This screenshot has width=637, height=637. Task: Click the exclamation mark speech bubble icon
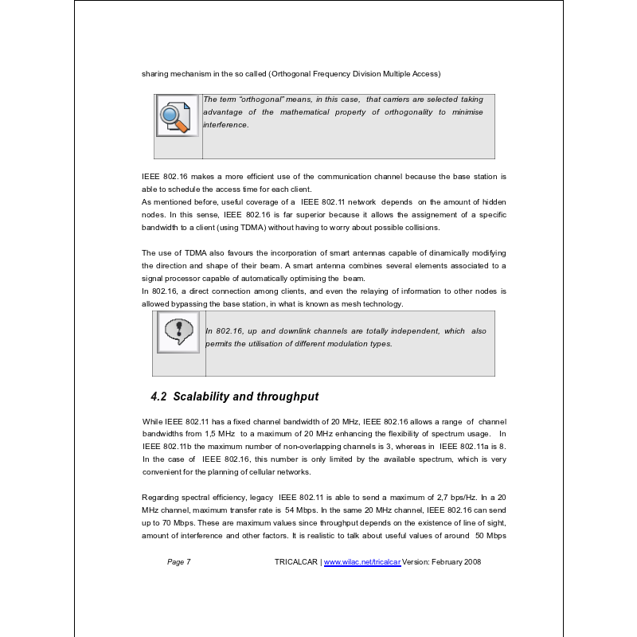tap(178, 332)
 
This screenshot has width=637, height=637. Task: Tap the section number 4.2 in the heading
tap(158, 396)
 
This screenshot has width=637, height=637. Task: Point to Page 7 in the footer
tap(179, 561)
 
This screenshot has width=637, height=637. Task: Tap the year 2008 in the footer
tap(472, 561)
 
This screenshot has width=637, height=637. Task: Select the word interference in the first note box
tap(226, 125)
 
